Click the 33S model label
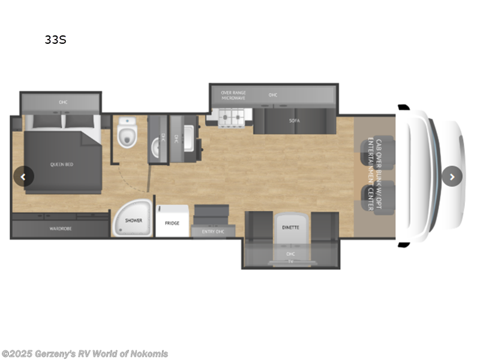pyautogui.click(x=55, y=40)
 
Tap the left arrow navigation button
pyautogui.click(x=23, y=176)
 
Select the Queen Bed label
pyautogui.click(x=61, y=164)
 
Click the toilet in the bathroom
pyautogui.click(x=127, y=133)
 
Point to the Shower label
pyautogui.click(x=133, y=220)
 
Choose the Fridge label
pyautogui.click(x=172, y=223)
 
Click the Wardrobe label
pyautogui.click(x=59, y=229)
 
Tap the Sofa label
pyautogui.click(x=294, y=121)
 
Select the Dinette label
pyautogui.click(x=290, y=227)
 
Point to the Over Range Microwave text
pyautogui.click(x=233, y=95)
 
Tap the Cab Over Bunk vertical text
pyautogui.click(x=374, y=175)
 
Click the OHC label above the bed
pyautogui.click(x=63, y=103)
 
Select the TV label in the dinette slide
pyautogui.click(x=290, y=262)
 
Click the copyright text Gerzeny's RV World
pyautogui.click(x=85, y=354)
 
